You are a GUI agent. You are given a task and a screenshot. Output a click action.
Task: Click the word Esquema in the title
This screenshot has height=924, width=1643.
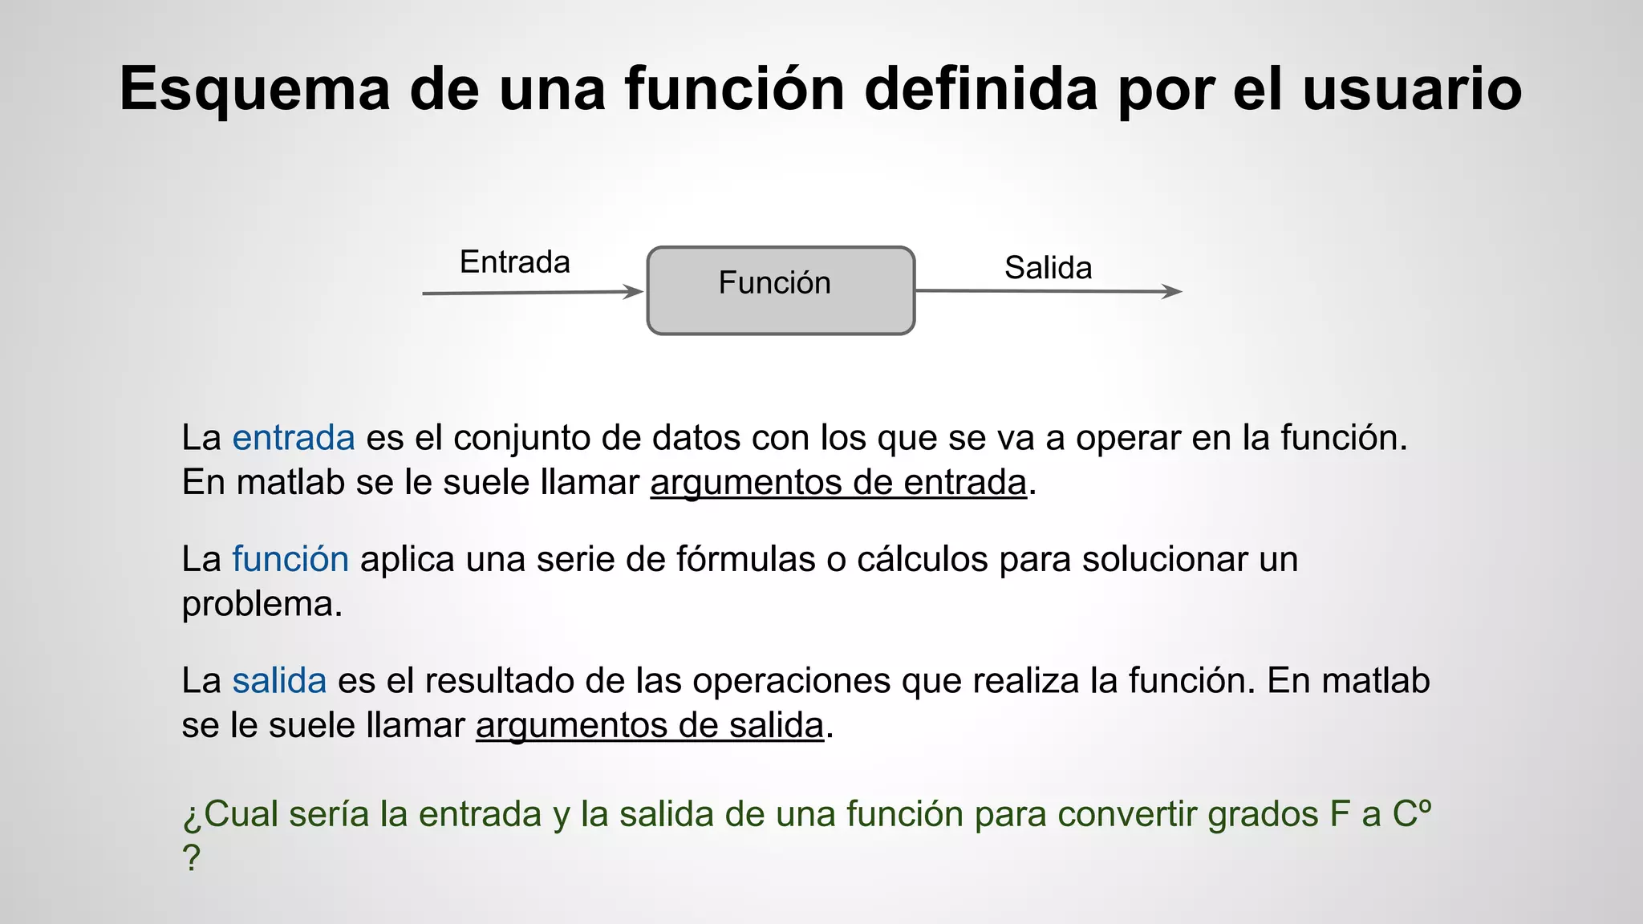coord(255,89)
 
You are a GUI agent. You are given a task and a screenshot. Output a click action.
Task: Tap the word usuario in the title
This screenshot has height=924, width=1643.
coord(1412,89)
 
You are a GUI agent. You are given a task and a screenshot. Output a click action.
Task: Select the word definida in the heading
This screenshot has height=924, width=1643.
coord(980,89)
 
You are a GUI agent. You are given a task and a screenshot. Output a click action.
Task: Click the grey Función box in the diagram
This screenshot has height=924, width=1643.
coord(781,290)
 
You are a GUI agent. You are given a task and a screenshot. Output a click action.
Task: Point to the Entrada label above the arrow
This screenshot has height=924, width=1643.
coord(514,262)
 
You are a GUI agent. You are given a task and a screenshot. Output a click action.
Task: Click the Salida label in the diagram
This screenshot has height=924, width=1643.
coord(1048,268)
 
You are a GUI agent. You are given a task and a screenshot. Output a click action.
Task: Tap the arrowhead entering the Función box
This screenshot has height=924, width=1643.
coord(635,292)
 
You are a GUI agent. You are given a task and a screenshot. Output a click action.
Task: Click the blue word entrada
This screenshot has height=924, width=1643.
coord(294,438)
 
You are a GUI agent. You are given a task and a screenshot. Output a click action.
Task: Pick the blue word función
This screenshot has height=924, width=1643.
coord(290,559)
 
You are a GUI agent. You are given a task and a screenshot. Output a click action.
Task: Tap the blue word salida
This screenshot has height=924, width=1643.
coord(279,681)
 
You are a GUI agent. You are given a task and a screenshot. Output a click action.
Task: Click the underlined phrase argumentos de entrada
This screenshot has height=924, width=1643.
coord(838,483)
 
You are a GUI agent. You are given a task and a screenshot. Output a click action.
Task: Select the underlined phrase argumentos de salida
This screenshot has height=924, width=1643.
coord(650,726)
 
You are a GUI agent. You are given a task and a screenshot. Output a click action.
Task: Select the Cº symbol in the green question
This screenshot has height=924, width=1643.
coord(1411,813)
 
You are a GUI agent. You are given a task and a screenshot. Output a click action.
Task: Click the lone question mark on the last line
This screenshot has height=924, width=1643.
coord(191,858)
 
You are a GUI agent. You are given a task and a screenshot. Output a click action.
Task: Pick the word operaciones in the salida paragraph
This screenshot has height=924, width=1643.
coord(791,681)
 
